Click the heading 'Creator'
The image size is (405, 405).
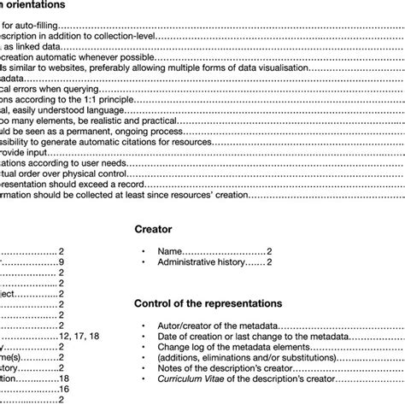pyautogui.click(x=154, y=229)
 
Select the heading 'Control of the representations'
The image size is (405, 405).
pyautogui.click(x=209, y=302)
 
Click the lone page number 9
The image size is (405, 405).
pyautogui.click(x=61, y=263)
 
